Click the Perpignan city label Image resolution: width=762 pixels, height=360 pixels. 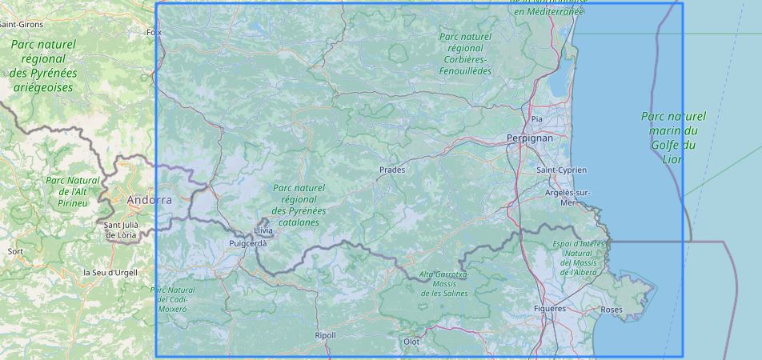[x=529, y=138]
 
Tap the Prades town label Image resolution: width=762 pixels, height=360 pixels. [x=392, y=170]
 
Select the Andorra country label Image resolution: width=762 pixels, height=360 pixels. [x=149, y=200]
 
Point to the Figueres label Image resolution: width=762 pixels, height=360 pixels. [x=550, y=308]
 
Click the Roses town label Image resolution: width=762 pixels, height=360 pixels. [x=611, y=310]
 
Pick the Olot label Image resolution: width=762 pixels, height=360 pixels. [x=411, y=342]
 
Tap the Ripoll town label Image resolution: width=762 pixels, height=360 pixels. [x=326, y=335]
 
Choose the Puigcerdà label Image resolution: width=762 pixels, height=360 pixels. [x=247, y=243]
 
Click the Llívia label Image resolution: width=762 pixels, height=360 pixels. [x=263, y=230]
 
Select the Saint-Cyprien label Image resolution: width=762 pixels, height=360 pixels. [x=561, y=170]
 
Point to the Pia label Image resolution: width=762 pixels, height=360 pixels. [x=536, y=119]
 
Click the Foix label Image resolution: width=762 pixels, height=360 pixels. [x=154, y=33]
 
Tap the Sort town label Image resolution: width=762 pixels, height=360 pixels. [x=15, y=251]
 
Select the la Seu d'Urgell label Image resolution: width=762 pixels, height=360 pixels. [x=110, y=272]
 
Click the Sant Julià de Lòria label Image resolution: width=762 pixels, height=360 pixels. [x=120, y=230]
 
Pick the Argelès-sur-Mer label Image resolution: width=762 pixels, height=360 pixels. [x=567, y=198]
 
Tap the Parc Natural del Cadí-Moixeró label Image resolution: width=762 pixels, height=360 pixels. [x=172, y=298]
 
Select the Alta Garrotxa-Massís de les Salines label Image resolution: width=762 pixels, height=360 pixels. [x=443, y=283]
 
